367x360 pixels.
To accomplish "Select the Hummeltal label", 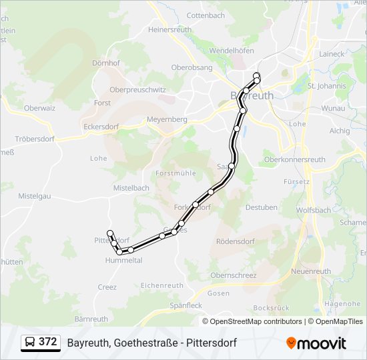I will (x=123, y=261).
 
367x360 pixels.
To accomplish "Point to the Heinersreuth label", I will (x=169, y=30).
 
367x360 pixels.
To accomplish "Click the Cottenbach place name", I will (x=206, y=15).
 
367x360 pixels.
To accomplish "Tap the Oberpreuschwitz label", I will (x=137, y=89).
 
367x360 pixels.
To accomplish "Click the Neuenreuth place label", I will (x=311, y=271).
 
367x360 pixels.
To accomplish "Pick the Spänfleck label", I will (x=186, y=305).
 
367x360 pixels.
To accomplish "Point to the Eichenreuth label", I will (x=161, y=285).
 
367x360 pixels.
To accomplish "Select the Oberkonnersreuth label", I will (x=295, y=159).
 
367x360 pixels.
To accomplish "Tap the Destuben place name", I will (x=261, y=207).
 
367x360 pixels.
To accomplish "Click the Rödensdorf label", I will (x=236, y=241).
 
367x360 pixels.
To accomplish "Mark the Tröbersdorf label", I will (x=35, y=139).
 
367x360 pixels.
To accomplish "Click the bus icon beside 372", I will (x=30, y=342).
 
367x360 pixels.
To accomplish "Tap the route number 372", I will (x=47, y=342).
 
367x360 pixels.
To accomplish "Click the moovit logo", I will (x=316, y=343).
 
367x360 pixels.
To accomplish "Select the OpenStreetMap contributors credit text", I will (x=256, y=321).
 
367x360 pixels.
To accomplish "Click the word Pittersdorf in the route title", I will (x=212, y=343).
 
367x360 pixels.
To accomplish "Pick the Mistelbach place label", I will (x=131, y=188).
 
